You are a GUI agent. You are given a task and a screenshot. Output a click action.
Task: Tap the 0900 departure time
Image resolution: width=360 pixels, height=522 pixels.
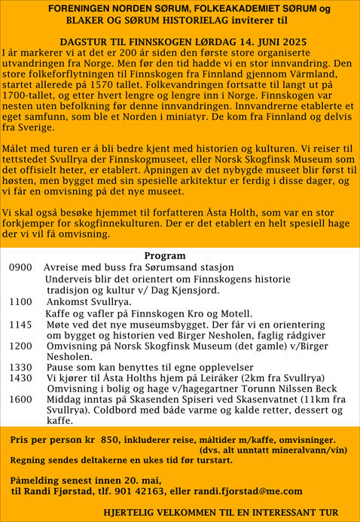20,267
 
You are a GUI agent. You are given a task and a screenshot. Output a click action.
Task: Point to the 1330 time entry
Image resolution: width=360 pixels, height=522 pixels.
21,367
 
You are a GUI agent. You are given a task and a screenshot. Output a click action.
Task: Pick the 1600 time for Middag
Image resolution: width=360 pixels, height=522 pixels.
21,399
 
